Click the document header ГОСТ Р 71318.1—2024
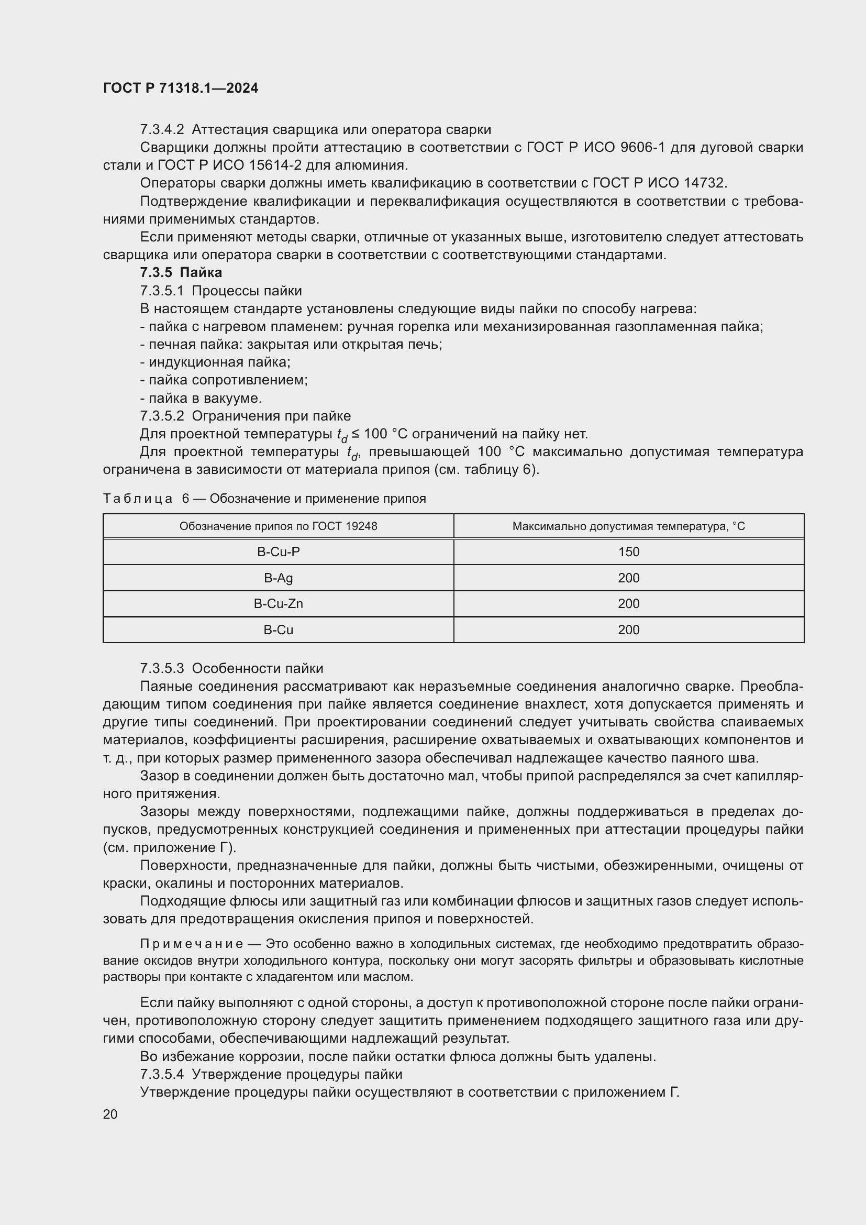pos(180,88)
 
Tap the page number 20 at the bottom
pos(110,1114)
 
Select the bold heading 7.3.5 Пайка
pos(181,273)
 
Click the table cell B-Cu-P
pos(278,552)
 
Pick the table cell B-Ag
pos(278,578)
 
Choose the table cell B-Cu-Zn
pos(278,604)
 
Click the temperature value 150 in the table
pos(628,552)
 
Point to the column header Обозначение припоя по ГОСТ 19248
pos(278,526)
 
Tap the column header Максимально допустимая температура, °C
pos(628,526)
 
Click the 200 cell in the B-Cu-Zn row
pos(628,604)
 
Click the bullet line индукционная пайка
pos(215,362)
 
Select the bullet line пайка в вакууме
pos(201,398)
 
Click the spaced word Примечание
pos(192,944)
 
